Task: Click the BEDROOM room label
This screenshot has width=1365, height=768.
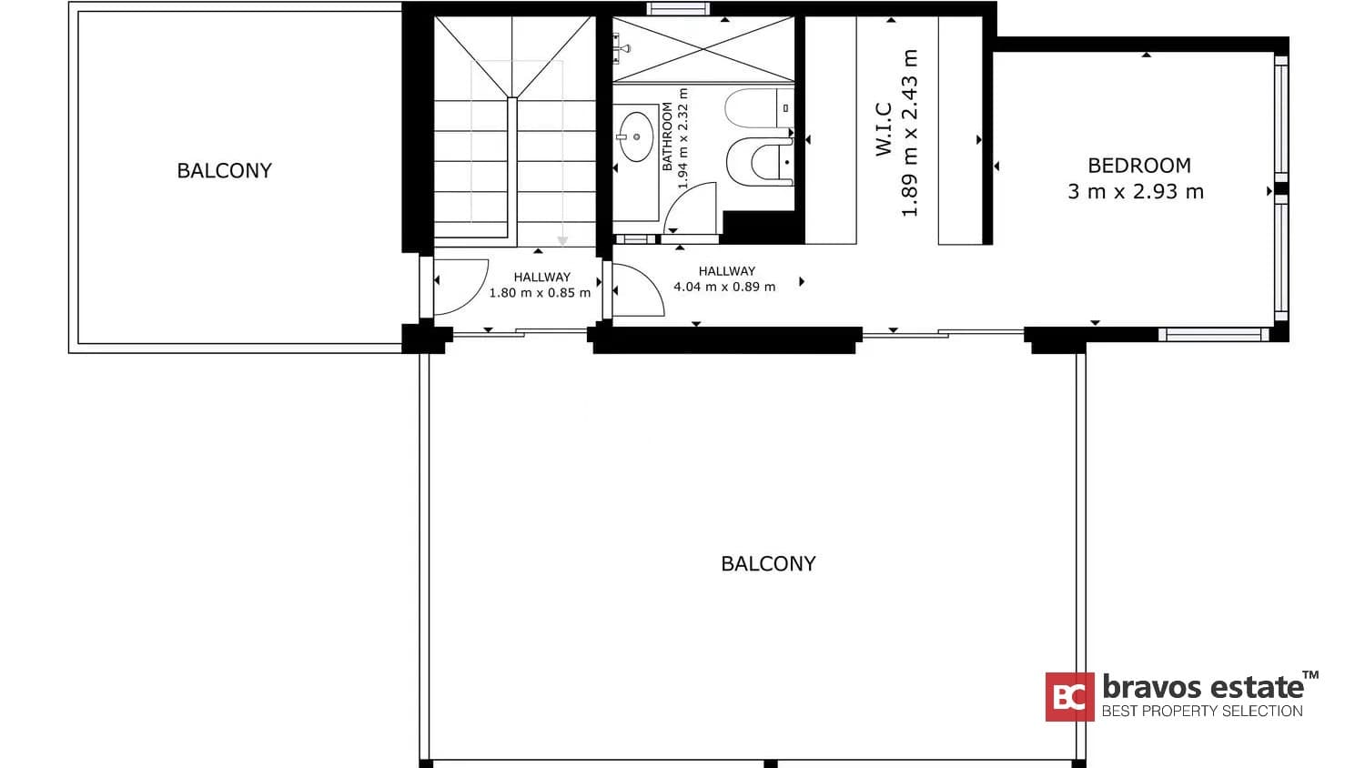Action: pos(1139,166)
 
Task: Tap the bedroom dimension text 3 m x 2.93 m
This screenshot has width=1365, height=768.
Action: pos(1136,192)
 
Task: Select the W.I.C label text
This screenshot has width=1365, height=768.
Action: pos(884,129)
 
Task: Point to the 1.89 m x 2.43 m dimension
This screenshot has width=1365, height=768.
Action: pos(909,133)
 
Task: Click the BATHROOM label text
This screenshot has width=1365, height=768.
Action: pos(667,136)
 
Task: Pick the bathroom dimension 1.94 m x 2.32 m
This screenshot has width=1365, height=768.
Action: pos(683,138)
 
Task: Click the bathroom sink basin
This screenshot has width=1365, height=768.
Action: pos(635,136)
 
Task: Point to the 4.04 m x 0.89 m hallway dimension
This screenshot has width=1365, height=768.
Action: pos(724,287)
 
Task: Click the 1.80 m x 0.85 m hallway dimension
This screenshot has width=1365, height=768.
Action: pos(540,293)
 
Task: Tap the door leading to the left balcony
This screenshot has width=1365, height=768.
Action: pos(460,286)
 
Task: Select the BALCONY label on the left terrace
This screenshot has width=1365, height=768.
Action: pos(224,171)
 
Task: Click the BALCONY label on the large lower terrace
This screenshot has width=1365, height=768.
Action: pos(768,564)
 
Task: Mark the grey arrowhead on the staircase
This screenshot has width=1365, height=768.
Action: pos(562,241)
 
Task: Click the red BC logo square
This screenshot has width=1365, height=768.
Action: pos(1069,697)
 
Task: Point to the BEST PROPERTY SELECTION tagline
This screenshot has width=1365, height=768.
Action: pos(1202,711)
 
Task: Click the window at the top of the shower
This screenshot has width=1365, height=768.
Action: pos(677,9)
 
